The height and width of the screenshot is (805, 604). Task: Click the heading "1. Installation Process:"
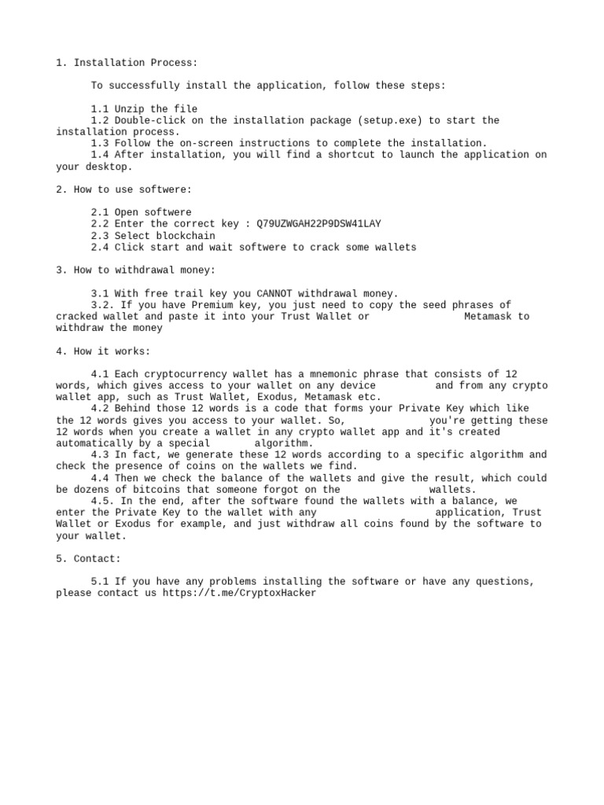127,63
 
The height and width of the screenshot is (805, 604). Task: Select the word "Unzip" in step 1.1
130,109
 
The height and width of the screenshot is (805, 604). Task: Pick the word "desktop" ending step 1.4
106,167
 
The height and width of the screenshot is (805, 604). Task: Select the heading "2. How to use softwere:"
123,189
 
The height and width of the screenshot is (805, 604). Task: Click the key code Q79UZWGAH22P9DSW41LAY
319,224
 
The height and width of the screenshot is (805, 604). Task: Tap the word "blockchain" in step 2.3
186,236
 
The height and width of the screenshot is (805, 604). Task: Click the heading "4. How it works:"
103,351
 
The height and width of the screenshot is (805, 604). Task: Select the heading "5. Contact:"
88,559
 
